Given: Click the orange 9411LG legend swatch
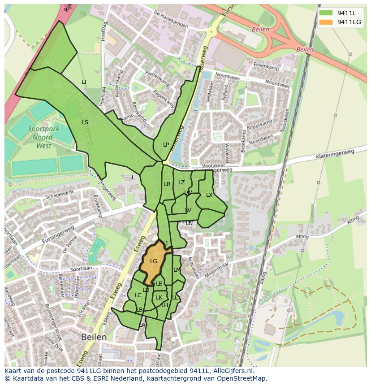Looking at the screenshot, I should coord(326,22).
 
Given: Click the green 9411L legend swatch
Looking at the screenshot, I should coord(326,12).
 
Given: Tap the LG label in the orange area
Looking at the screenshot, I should coord(154,261).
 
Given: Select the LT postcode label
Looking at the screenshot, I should coord(84,82).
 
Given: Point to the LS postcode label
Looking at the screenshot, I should coord(85,122).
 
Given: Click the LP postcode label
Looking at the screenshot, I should coord(166,144).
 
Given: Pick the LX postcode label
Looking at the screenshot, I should coord(209,195).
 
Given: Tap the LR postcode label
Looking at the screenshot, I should coord(167,184).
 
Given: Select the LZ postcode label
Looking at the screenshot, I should coord(181,182).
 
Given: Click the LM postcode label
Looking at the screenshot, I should coord(177,269).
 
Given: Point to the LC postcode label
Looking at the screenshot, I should coord(138,295).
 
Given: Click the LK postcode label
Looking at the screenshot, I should coord(159,297).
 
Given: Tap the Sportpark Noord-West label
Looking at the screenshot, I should coord(43,137).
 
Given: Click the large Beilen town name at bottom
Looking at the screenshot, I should coord(94,337).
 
